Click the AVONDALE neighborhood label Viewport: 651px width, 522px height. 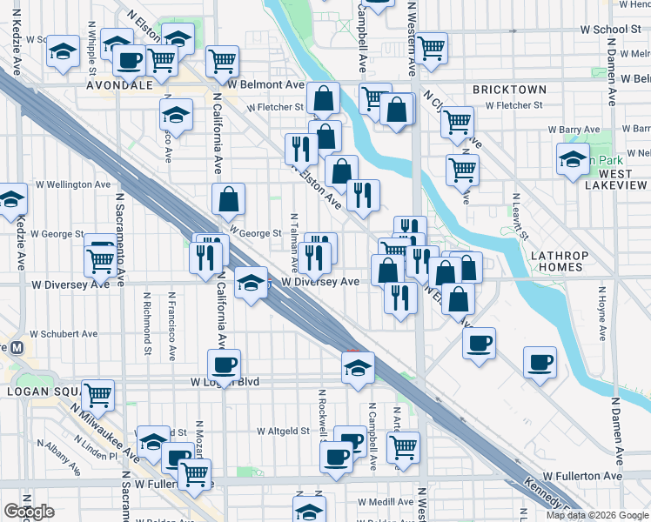pyautogui.click(x=119, y=87)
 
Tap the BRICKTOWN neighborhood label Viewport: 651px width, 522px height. pyautogui.click(x=509, y=90)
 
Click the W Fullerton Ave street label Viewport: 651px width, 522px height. pyautogui.click(x=582, y=476)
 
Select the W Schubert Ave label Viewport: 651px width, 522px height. pyautogui.click(x=64, y=334)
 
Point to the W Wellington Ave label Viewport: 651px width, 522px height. pyautogui.click(x=73, y=184)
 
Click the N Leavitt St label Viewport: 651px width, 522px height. pyautogui.click(x=520, y=217)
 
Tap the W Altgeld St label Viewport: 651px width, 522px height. pyautogui.click(x=284, y=431)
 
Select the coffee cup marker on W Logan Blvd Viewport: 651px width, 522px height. pyautogui.click(x=224, y=365)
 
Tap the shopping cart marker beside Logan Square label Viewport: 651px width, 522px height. pyautogui.click(x=98, y=394)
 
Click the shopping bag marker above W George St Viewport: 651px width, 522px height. pyautogui.click(x=228, y=199)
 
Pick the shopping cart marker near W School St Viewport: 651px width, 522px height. pyautogui.click(x=431, y=49)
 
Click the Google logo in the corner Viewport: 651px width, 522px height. pyautogui.click(x=29, y=512)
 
